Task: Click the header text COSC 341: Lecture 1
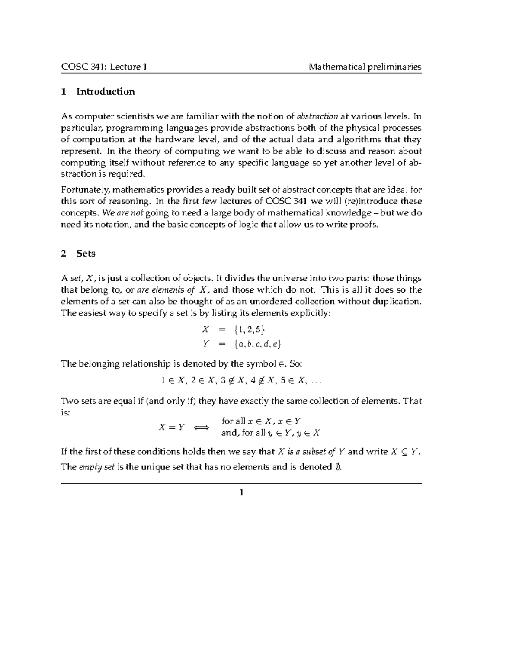tap(104, 67)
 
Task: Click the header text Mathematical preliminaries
tap(365, 67)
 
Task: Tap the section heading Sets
tap(86, 254)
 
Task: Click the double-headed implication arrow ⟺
tap(201, 428)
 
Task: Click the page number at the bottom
tap(241, 492)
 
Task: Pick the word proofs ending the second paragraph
tap(365, 225)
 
